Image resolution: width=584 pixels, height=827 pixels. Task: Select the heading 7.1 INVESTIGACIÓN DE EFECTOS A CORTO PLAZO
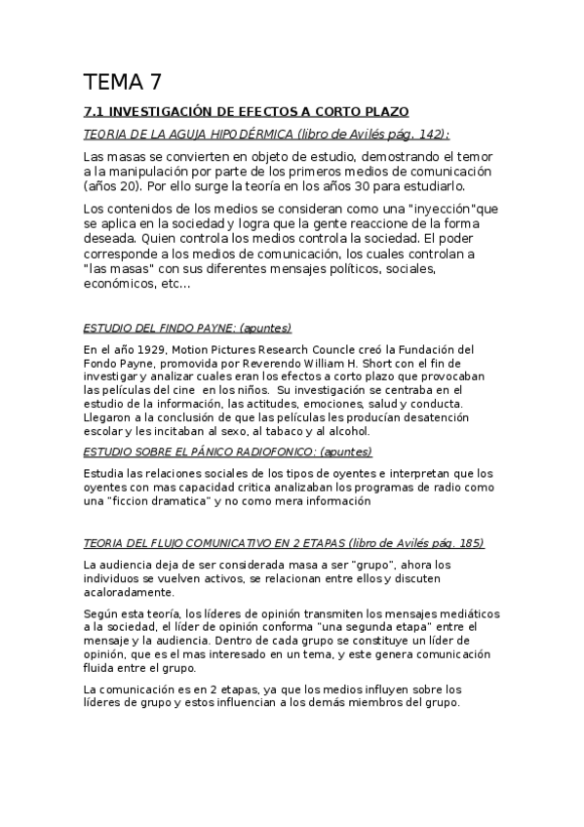tap(246, 112)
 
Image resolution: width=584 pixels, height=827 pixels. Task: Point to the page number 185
tap(467, 543)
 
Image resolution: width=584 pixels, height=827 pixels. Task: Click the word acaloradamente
tap(130, 592)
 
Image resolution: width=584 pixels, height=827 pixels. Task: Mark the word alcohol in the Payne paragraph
tap(347, 430)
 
